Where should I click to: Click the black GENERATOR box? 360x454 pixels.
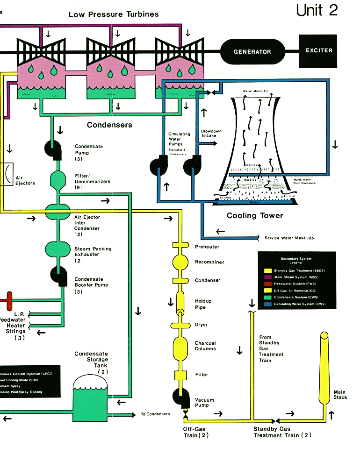click(x=252, y=51)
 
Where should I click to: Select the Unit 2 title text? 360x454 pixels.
click(x=317, y=10)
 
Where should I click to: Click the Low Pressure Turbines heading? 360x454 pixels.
click(x=114, y=14)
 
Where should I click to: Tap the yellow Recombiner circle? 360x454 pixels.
click(x=180, y=262)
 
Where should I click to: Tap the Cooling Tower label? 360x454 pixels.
click(x=255, y=216)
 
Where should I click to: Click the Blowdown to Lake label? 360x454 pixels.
click(x=211, y=134)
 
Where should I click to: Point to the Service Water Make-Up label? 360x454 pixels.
click(x=289, y=238)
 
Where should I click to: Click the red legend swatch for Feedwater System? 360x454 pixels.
click(x=268, y=284)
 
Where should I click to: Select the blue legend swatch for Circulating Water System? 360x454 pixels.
click(x=268, y=304)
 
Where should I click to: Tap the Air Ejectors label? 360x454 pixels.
click(x=25, y=180)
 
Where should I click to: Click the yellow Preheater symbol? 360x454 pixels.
click(x=180, y=246)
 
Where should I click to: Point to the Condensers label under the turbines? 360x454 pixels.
click(x=109, y=125)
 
